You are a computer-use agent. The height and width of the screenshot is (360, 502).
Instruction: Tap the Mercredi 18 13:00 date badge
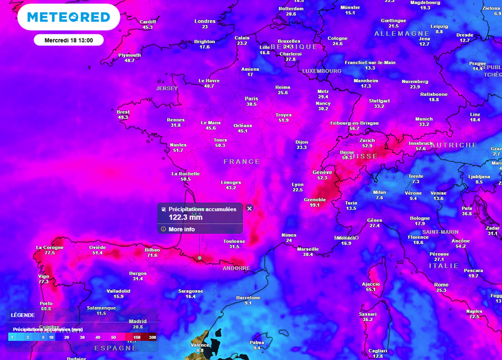point(68,40)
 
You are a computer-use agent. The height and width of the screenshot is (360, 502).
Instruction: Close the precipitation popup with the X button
point(249,208)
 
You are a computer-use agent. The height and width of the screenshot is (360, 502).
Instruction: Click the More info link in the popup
point(181,229)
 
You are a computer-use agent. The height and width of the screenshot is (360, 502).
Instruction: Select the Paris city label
point(251,98)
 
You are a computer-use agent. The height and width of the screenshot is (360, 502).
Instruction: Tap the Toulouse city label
point(234,241)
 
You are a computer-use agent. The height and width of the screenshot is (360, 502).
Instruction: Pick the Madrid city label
point(138,321)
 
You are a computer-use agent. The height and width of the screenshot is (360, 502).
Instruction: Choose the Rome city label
point(441,284)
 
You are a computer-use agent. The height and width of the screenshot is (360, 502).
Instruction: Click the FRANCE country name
point(242,161)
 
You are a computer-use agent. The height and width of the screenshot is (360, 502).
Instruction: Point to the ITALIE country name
point(444,265)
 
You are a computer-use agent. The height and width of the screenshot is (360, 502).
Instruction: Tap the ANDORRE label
point(236,269)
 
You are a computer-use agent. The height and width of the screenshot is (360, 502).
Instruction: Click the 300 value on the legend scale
point(152,337)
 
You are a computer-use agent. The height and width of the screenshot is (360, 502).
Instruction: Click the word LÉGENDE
point(23,315)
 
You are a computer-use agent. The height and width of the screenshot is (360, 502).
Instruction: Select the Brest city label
point(123,112)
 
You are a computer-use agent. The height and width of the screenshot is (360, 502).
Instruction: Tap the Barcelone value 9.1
point(248,303)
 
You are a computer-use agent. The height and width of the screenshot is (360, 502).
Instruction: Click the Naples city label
point(474,311)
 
